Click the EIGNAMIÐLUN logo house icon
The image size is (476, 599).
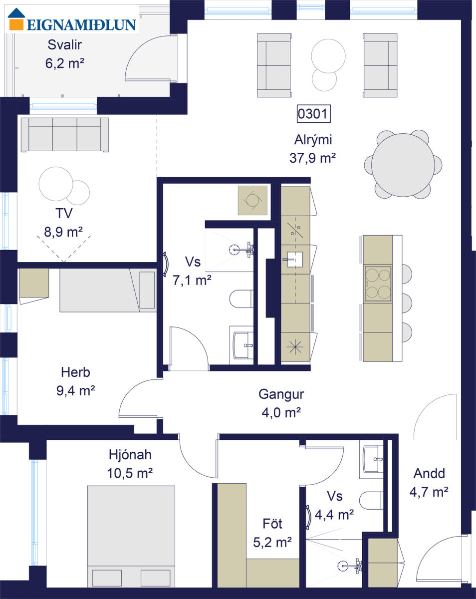tap(16, 19)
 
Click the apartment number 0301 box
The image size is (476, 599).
tap(313, 114)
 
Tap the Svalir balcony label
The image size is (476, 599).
tap(64, 45)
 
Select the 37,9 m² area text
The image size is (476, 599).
tap(312, 158)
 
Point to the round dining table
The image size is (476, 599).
tap(403, 165)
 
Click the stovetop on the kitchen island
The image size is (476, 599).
tap(378, 284)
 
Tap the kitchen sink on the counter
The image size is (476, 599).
tap(294, 260)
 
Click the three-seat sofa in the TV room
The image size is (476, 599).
tap(64, 135)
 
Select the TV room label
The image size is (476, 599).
tap(64, 213)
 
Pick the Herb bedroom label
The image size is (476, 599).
tap(75, 372)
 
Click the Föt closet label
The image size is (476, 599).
tap(272, 524)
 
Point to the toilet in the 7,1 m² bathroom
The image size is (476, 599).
tap(241, 299)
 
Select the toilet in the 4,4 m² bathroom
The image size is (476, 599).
tap(371, 500)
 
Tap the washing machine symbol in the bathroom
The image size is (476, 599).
tap(252, 200)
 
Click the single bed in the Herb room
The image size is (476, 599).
tap(108, 290)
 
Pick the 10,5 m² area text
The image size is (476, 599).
tap(130, 473)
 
